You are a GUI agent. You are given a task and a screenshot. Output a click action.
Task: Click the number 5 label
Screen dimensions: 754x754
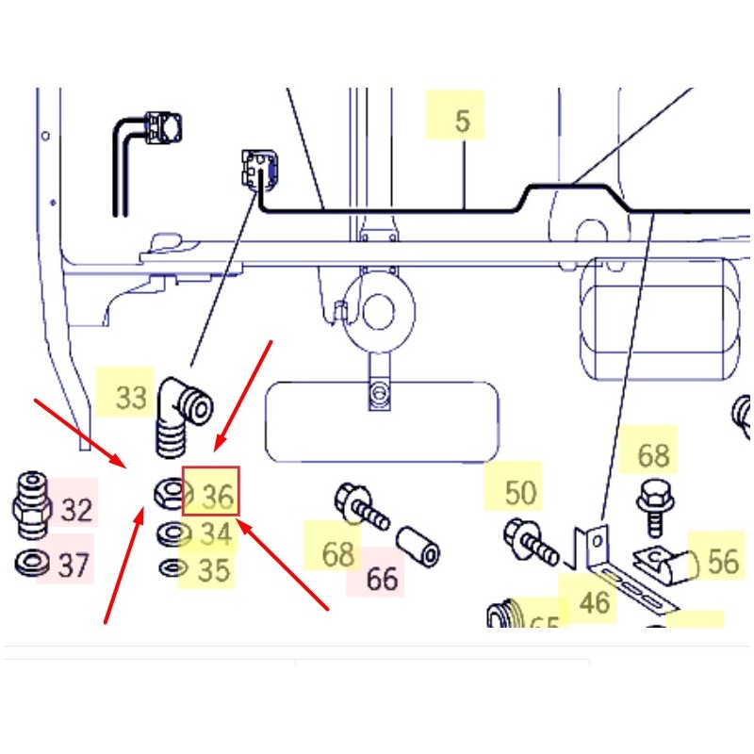click(461, 122)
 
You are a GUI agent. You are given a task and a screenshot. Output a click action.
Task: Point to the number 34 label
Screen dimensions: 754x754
click(216, 534)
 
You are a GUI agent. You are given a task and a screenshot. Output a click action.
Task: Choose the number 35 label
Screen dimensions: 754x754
click(215, 570)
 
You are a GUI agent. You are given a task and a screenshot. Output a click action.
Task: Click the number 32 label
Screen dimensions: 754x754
click(77, 510)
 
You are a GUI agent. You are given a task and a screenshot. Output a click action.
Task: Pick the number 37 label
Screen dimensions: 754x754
click(74, 565)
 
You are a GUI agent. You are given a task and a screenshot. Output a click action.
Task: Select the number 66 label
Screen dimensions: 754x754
click(382, 578)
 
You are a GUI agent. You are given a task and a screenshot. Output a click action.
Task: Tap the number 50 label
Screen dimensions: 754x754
click(520, 492)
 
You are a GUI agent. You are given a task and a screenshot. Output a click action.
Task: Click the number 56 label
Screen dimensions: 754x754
click(722, 562)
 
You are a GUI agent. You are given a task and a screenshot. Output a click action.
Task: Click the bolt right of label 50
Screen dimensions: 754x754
click(529, 541)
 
